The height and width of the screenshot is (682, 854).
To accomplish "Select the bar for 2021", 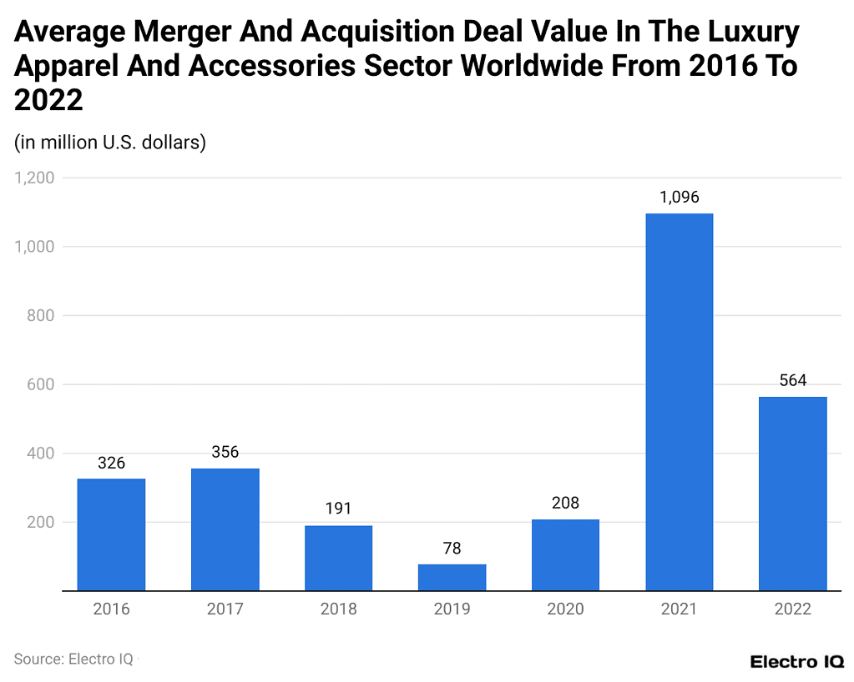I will pos(679,402).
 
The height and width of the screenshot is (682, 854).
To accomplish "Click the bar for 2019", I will pos(452,577).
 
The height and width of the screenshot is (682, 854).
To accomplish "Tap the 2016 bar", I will pos(111,534).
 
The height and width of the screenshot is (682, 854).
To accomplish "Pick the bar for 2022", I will pos(792,494).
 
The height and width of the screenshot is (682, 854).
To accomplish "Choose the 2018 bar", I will pos(338,558).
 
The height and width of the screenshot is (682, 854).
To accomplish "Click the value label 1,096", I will pos(679,198).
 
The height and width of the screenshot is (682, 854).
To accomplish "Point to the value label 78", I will pos(452,549).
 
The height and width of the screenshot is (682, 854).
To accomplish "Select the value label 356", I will pos(225,452).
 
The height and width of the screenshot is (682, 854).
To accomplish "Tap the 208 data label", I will pos(565,503).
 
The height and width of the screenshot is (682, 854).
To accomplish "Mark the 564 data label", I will pos(792,380).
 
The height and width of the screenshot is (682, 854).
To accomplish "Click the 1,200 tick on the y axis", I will pos(34,178).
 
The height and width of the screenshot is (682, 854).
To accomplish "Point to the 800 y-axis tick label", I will pos(41,315).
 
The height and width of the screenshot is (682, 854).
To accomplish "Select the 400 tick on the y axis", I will pos(41,454).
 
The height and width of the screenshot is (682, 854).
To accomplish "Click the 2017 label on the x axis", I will pos(225,609).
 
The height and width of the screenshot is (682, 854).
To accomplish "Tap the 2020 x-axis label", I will pos(565,609).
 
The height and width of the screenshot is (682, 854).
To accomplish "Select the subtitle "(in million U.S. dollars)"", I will pos(110,143).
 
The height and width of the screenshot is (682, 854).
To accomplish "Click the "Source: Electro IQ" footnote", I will pos(73,659).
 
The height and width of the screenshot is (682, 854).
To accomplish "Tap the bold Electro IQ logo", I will pos(796,662).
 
